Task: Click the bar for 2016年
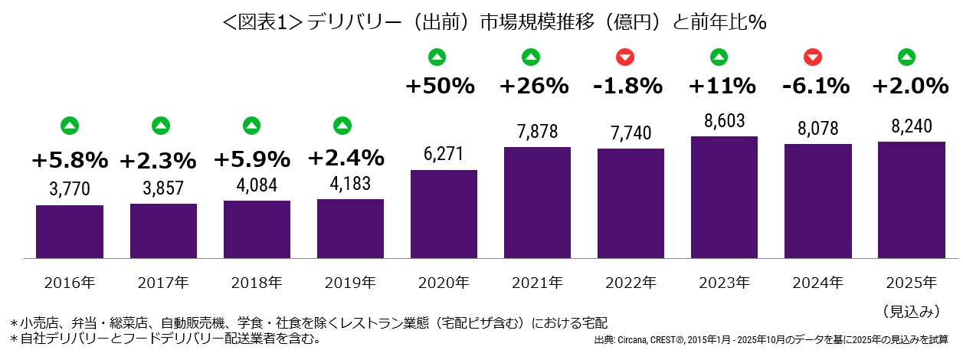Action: pyautogui.click(x=70, y=232)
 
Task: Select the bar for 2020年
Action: pyautogui.click(x=444, y=214)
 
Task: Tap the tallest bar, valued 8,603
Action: pyautogui.click(x=725, y=198)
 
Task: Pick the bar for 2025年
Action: pyautogui.click(x=912, y=201)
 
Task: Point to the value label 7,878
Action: pyautogui.click(x=537, y=133)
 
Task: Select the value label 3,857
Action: pyautogui.click(x=163, y=189)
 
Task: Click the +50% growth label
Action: pyautogui.click(x=440, y=86)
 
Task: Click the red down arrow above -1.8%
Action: pyautogui.click(x=626, y=56)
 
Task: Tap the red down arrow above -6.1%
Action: pyautogui.click(x=814, y=56)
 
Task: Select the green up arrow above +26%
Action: pyautogui.click(x=530, y=56)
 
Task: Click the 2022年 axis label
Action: pyautogui.click(x=631, y=282)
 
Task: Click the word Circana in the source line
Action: pyautogui.click(x=637, y=339)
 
